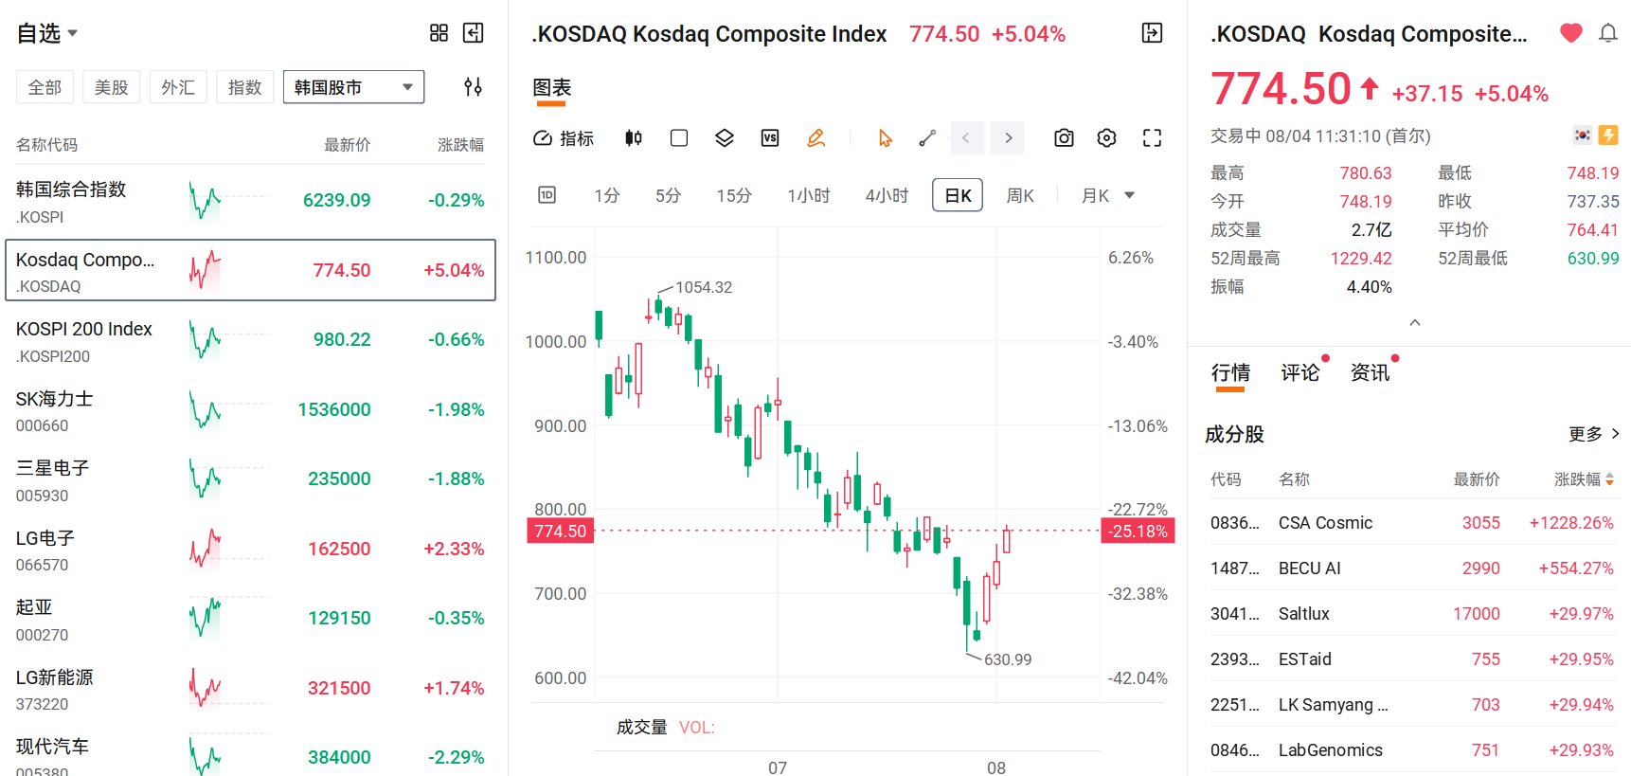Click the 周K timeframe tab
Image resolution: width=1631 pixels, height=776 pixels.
tap(1019, 195)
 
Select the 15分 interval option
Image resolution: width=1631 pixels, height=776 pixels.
tap(734, 195)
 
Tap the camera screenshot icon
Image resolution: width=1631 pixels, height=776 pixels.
tap(1064, 138)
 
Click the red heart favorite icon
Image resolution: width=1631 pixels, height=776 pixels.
tap(1571, 33)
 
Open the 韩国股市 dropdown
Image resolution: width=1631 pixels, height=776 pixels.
tap(353, 87)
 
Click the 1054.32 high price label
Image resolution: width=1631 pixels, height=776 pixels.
tap(704, 287)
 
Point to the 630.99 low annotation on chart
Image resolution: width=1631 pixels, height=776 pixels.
tap(1008, 659)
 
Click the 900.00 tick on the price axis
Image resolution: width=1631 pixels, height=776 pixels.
tap(560, 426)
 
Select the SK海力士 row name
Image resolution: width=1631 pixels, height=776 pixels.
tap(54, 399)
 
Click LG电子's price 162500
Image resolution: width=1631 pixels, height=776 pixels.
tap(339, 549)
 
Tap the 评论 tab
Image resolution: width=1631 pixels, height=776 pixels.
tap(1300, 372)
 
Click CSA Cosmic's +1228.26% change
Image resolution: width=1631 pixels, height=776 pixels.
tap(1571, 523)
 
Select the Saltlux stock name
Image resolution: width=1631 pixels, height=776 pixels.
tap(1304, 614)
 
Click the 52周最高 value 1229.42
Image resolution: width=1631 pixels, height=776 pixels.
tap(1361, 259)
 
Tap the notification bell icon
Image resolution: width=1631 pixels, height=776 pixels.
tap(1608, 33)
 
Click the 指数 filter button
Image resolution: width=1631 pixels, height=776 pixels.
tap(244, 87)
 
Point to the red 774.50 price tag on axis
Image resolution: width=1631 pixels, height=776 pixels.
tap(561, 531)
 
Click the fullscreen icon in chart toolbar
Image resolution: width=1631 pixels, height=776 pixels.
tap(1152, 138)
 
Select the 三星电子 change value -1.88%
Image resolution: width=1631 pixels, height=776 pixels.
tap(456, 479)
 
